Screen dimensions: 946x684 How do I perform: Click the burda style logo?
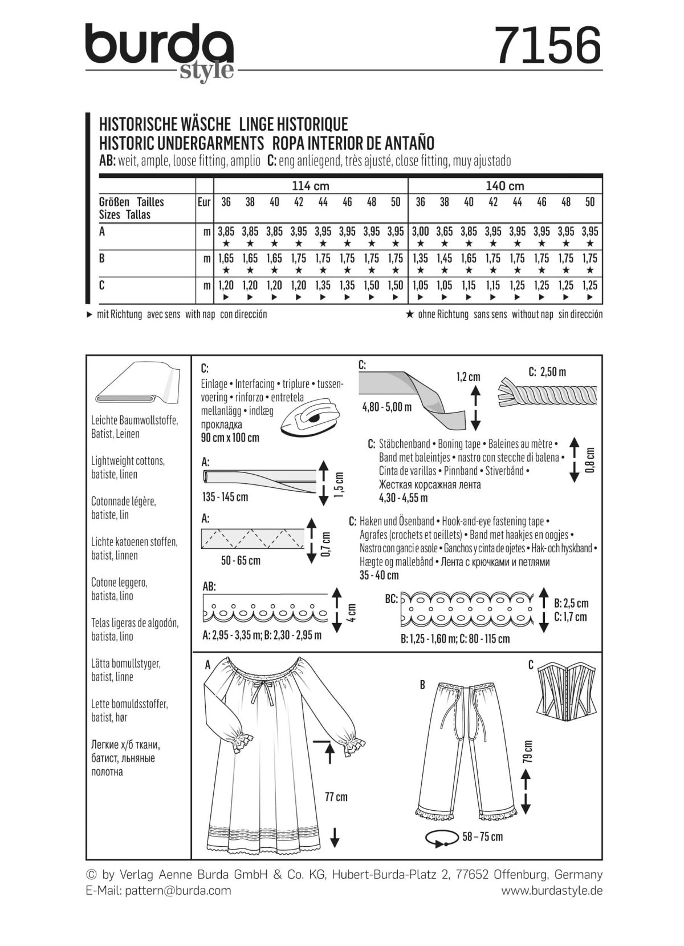pos(160,50)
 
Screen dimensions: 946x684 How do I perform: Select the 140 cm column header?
pos(505,186)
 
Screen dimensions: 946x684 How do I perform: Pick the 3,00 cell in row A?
pos(420,232)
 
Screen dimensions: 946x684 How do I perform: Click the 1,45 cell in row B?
pos(445,258)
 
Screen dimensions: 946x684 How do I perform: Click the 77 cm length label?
pos(336,797)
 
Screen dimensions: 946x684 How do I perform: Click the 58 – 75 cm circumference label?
pos(483,836)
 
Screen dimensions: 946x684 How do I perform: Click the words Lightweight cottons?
pos(127,460)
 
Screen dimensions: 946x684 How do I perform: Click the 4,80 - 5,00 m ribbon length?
pos(386,407)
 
